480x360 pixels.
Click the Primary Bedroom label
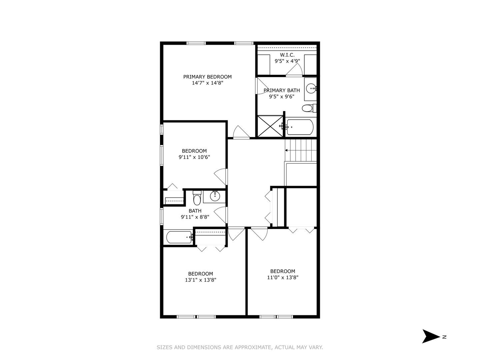[207, 77]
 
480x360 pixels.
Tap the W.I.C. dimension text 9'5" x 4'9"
[287, 61]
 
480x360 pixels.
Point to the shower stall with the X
[270, 126]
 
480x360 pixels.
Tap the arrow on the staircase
[286, 150]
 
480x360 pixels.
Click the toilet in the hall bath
[197, 199]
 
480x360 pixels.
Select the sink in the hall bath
[215, 196]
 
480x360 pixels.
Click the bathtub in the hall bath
[179, 237]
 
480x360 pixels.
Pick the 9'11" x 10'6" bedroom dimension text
[194, 157]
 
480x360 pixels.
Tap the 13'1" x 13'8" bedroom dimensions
[201, 280]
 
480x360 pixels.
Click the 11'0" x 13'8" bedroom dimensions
[283, 277]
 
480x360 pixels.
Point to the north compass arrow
[430, 336]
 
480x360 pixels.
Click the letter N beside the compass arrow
[444, 337]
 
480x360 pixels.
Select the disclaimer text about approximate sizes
[240, 347]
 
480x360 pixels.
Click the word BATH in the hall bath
[195, 211]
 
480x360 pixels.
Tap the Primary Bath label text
[282, 90]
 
